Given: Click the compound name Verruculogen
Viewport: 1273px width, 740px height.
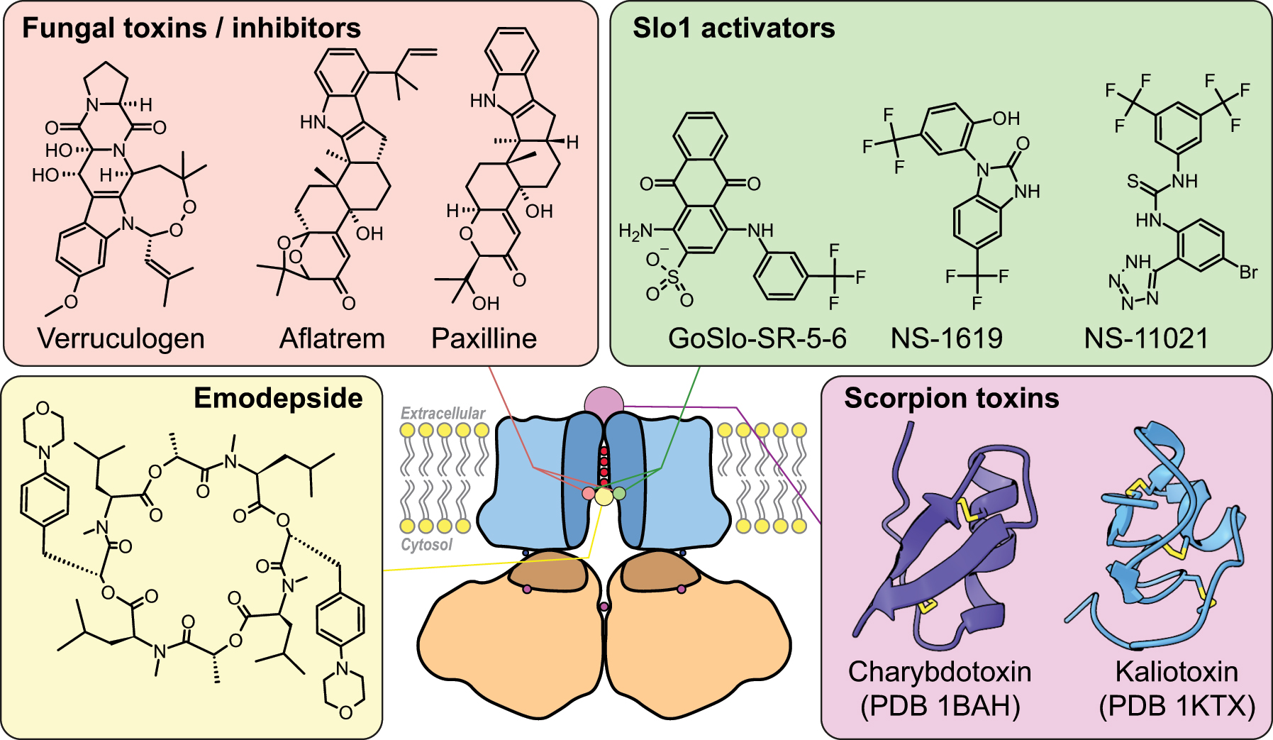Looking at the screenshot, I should (121, 338).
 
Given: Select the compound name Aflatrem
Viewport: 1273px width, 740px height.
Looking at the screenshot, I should (332, 338).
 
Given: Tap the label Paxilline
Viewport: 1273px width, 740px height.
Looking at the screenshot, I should (484, 338).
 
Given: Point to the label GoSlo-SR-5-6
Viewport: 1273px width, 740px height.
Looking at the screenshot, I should (757, 338).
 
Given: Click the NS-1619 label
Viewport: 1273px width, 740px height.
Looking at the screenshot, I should (946, 338).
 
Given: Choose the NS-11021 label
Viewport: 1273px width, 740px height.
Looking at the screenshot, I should (1146, 338).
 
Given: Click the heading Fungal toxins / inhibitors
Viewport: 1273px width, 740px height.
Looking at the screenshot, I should (191, 28).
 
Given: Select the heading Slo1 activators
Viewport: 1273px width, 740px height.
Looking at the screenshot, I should (733, 28).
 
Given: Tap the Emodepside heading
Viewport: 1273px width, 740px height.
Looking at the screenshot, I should (278, 399).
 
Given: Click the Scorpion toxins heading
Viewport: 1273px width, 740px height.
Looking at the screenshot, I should (951, 399).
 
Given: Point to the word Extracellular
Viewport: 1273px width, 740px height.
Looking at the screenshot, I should (443, 413).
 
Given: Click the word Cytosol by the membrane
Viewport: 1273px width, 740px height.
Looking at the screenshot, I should (426, 545).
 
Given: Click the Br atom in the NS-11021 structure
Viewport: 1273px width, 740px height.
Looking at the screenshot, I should (1248, 272).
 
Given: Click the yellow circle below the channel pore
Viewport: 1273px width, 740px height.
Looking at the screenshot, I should (604, 497).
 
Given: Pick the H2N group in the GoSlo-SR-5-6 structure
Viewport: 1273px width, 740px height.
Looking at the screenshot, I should (635, 231).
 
